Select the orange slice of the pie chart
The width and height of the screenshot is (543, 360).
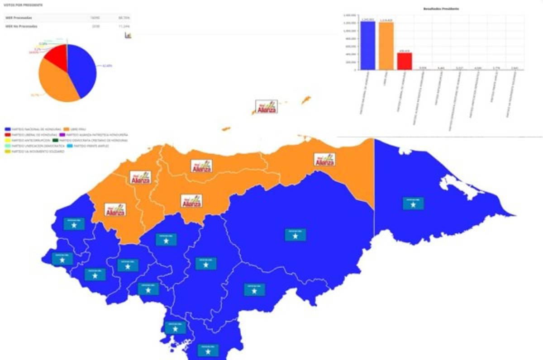click(57, 84)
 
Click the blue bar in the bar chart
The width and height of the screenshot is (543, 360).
click(367, 45)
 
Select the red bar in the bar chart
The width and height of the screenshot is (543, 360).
click(405, 61)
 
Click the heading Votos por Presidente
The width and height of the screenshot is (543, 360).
click(24, 5)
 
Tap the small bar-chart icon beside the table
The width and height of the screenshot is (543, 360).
click(128, 35)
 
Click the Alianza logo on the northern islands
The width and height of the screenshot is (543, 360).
click(267, 107)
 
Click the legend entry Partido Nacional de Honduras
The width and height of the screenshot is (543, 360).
click(33, 129)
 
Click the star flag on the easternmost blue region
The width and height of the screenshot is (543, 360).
click(413, 204)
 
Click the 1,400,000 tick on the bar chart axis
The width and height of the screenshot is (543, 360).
click(349, 15)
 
